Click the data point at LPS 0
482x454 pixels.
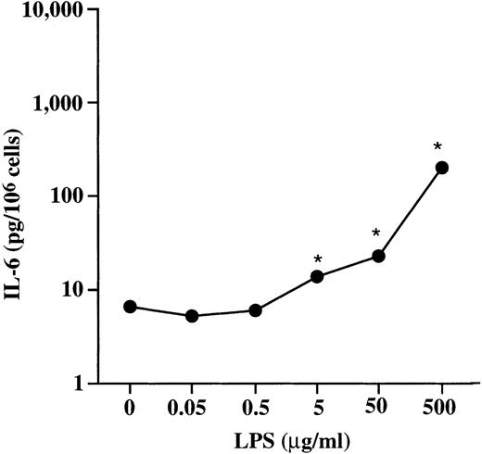(x=130, y=307)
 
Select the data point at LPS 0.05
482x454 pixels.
(x=192, y=316)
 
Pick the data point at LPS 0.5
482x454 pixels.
(x=255, y=310)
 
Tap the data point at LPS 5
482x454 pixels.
(x=317, y=276)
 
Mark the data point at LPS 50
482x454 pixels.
(x=378, y=256)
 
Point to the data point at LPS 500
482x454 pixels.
(x=442, y=168)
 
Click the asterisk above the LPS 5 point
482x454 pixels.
(x=317, y=259)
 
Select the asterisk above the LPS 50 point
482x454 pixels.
(x=376, y=233)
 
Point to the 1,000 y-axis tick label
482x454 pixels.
(x=55, y=103)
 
